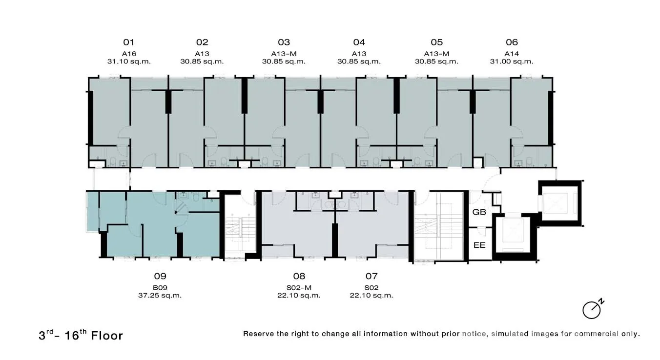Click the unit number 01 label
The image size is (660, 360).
[x=129, y=42]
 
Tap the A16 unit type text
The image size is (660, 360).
[x=129, y=54]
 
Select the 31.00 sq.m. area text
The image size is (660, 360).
[x=512, y=61]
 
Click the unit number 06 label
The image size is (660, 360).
[x=512, y=42]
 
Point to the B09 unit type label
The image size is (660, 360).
[x=160, y=288]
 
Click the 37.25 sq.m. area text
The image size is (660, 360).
[x=160, y=295]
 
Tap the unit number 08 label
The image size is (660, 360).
[x=299, y=276]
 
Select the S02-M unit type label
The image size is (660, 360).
[x=299, y=288]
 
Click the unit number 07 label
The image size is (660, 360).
[x=371, y=276]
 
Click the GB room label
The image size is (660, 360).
[x=479, y=212]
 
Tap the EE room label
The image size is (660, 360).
[x=479, y=245]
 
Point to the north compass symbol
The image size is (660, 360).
[x=593, y=309]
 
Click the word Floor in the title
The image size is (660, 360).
[x=106, y=336]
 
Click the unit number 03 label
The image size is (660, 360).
[x=284, y=42]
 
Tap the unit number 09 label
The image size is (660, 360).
[x=160, y=276]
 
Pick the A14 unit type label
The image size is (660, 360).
[x=512, y=54]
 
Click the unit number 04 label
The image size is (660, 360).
[x=359, y=42]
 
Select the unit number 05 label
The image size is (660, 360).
[x=436, y=42]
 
